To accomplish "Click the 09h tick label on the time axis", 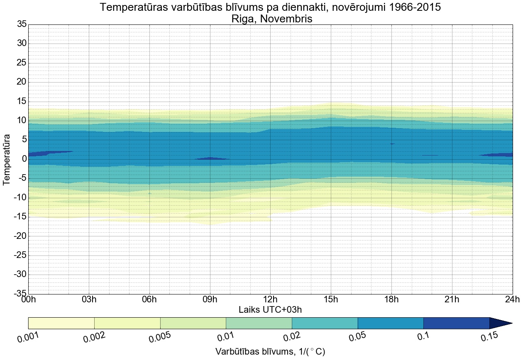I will (x=210, y=299).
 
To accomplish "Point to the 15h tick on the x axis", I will (x=331, y=299).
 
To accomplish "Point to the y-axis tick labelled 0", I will (x=24, y=159).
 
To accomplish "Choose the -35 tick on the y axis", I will (x=19, y=294).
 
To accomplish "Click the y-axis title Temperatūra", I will (x=7, y=159).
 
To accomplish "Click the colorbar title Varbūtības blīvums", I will (x=270, y=352).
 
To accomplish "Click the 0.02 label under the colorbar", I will (x=293, y=338).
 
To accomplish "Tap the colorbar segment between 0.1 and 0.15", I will (x=456, y=323).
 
